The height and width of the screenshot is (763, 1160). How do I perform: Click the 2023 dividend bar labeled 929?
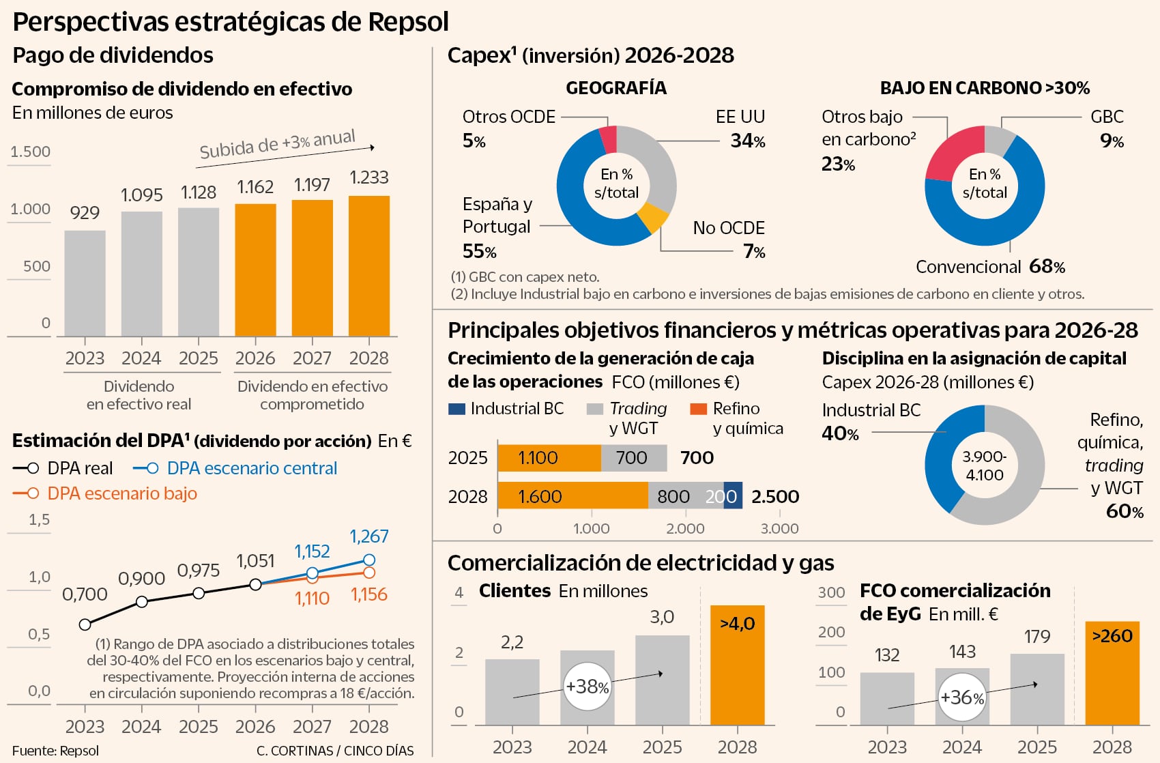pos(85,283)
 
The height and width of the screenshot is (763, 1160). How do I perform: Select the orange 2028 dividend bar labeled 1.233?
pos(369,266)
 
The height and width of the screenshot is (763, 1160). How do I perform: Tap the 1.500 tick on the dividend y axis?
pos(30,152)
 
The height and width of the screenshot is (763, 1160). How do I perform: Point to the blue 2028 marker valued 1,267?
pos(369,560)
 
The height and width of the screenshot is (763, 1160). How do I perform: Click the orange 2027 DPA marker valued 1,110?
pos(313,578)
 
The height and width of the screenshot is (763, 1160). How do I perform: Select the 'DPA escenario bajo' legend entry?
pos(121,493)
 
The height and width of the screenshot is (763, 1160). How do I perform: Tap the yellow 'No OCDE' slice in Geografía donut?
pos(652,218)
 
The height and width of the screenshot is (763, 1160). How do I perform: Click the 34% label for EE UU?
pos(747,141)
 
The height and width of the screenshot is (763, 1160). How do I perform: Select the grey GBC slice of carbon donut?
pos(999,140)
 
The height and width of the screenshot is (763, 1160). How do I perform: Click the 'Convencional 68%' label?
pos(990,267)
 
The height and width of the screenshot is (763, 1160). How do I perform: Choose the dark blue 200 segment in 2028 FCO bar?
pos(732,496)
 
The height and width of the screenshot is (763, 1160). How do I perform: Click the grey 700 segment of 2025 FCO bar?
pos(633,458)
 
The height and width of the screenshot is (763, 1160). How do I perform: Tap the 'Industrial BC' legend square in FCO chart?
pos(456,409)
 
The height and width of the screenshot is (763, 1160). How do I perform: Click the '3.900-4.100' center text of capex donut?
pos(984,465)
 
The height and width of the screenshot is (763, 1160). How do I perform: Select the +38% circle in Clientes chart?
pos(587,686)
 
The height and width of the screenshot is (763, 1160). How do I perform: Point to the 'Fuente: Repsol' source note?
pos(55,751)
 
